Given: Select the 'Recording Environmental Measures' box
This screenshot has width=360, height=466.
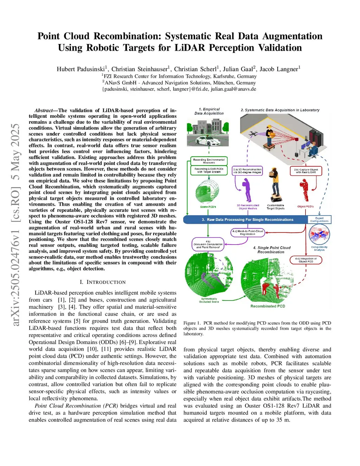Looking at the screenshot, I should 209,161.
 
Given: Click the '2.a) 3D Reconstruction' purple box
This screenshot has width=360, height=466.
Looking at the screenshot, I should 247,171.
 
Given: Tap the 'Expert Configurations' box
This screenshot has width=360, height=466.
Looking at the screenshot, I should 319,220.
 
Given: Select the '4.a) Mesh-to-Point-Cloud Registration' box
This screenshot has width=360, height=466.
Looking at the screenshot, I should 247,232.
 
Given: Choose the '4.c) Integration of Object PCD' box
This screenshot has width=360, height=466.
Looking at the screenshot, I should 306,260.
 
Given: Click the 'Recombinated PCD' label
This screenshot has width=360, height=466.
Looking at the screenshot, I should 268,306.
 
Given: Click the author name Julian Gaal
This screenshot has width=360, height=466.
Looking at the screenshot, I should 239,69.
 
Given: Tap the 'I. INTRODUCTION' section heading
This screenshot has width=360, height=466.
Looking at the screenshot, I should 102,282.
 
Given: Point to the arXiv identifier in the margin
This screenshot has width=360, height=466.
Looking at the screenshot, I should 16,225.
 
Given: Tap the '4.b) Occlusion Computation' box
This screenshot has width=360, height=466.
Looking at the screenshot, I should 208,244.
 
